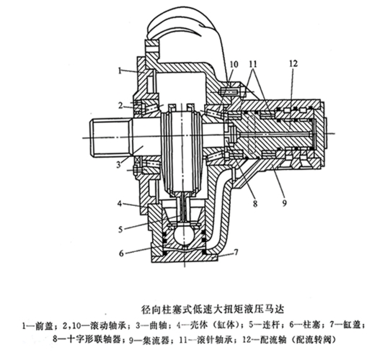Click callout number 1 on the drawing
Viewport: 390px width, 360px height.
(120, 71)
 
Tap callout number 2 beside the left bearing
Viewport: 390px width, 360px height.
(120, 106)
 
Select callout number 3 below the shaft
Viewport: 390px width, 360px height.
(119, 164)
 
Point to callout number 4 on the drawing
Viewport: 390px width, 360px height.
(120, 204)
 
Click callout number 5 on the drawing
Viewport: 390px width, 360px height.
(120, 229)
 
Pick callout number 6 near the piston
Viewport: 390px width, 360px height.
(121, 253)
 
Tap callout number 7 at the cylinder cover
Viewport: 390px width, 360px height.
(236, 253)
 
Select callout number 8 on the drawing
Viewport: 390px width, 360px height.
(255, 204)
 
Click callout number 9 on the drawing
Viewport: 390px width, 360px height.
(284, 203)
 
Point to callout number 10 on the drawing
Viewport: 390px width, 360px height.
(234, 64)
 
